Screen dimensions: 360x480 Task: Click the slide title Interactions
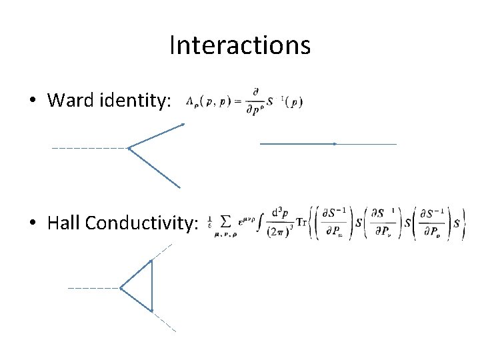tap(240, 45)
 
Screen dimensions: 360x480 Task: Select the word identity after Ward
tap(139, 101)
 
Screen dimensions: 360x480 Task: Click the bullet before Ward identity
tap(33, 101)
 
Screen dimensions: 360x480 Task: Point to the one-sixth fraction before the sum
tap(210, 222)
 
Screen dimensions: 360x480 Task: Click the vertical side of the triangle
tap(152, 285)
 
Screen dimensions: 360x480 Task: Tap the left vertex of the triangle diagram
tap(121, 288)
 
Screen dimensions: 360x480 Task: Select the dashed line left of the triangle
tap(93, 288)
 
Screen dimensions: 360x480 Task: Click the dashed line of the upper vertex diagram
tap(89, 147)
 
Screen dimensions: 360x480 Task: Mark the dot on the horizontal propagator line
tap(334, 143)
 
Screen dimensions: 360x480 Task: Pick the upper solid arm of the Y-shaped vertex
tap(156, 135)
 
